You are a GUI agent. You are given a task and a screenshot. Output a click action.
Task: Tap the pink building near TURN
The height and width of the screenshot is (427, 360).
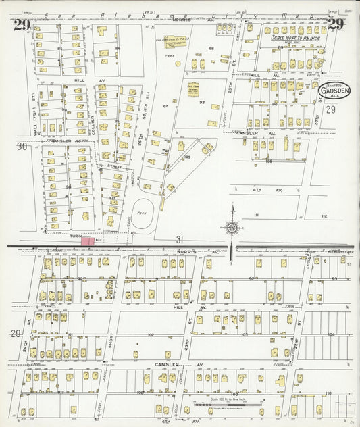[88, 240]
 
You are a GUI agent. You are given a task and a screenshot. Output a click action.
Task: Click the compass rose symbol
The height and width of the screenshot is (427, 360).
[231, 228]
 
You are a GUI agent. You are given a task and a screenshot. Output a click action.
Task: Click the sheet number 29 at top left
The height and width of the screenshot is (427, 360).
[20, 26]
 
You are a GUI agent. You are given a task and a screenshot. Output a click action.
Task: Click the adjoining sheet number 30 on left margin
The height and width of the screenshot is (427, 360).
[22, 145]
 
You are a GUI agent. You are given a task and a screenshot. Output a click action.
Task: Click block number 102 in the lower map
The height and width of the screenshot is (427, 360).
[151, 334]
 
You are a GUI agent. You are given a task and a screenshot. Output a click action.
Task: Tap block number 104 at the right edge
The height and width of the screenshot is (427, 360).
[331, 334]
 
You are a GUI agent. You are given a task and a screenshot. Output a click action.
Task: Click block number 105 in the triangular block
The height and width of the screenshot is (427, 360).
[188, 157]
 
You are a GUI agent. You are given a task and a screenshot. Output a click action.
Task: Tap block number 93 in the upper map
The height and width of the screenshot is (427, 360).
[201, 102]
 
